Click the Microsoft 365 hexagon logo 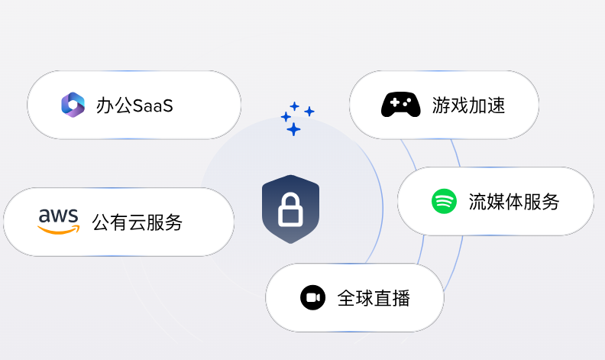click(x=73, y=105)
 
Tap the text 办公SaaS click(x=134, y=105)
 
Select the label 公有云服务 click(x=137, y=222)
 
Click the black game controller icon click(x=400, y=105)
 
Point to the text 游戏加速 click(x=468, y=105)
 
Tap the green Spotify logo click(x=444, y=202)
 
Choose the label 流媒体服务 click(x=514, y=203)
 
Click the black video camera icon click(x=312, y=297)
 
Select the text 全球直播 click(x=374, y=298)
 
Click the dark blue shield click(x=290, y=209)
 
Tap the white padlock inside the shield click(x=290, y=210)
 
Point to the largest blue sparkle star click(x=293, y=129)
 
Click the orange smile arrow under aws click(x=60, y=229)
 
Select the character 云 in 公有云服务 click(x=137, y=222)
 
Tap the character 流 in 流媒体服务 click(x=477, y=203)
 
